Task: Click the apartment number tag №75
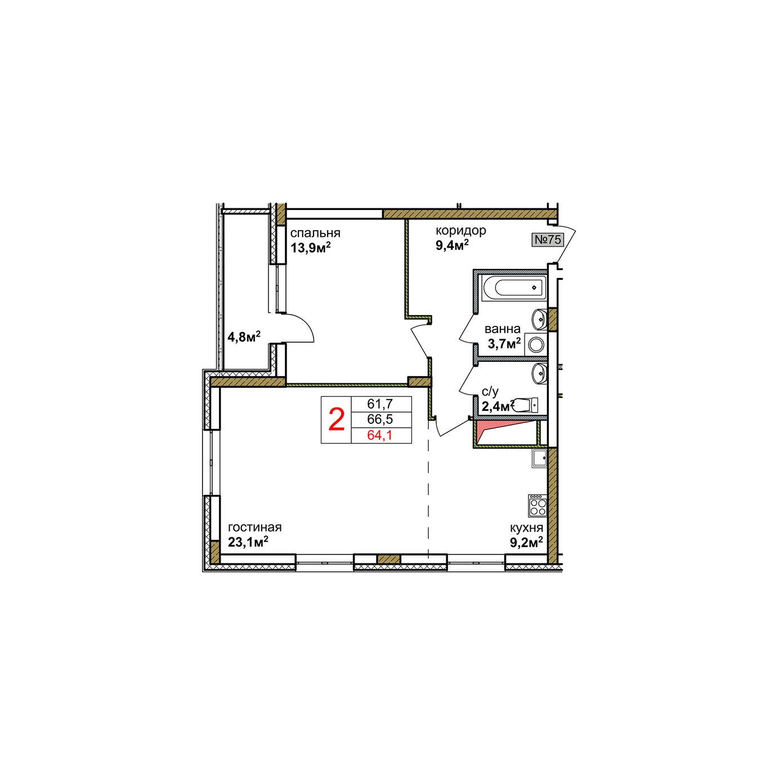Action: coord(548,240)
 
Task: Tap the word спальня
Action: coord(315,234)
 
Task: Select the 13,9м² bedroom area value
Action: coord(311,248)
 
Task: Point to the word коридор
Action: coord(461,231)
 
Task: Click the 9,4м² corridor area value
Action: coord(452,245)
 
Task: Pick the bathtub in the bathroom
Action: coord(514,287)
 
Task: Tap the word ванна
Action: coord(502,329)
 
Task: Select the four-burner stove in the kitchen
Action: coord(538,505)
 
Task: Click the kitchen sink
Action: coord(539,458)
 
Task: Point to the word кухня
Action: coord(526,528)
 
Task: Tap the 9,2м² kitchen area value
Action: coord(526,542)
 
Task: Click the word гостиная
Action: coord(254,527)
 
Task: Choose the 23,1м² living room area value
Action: coord(248,542)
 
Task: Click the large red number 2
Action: coord(337,420)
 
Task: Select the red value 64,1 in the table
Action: coord(380,435)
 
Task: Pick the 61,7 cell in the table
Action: coord(380,404)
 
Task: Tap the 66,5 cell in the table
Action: coord(380,419)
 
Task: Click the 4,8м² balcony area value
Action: coord(244,337)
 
